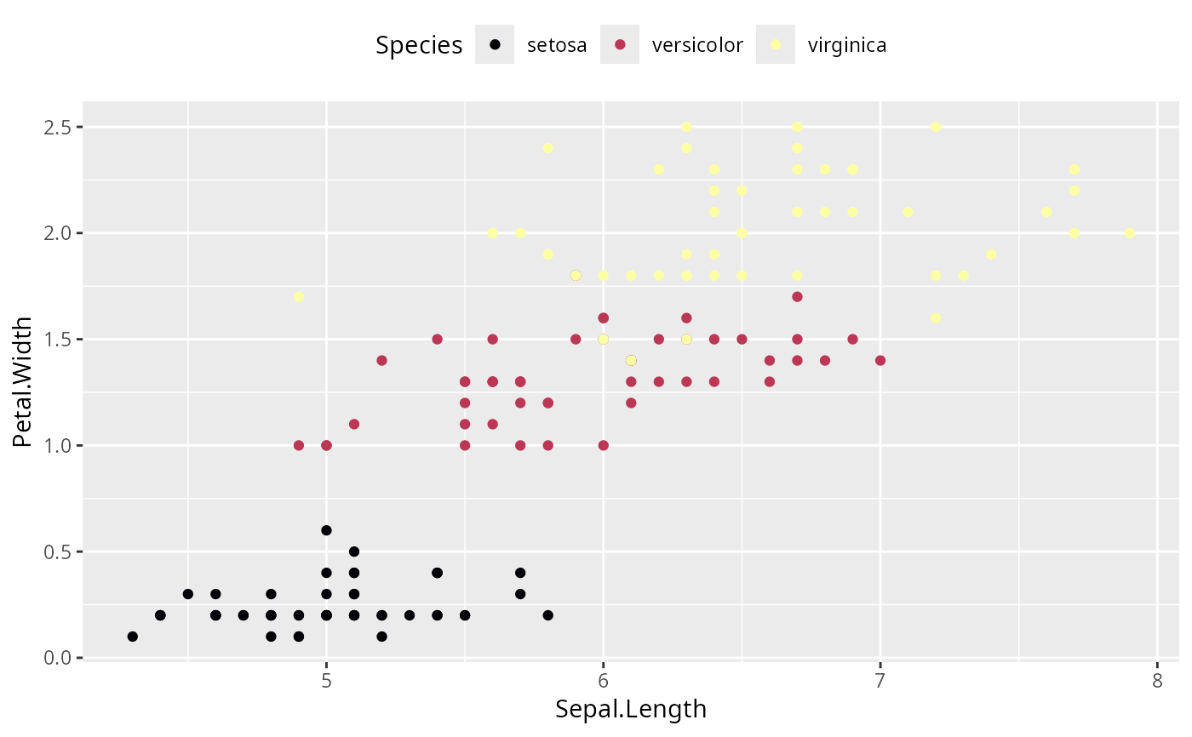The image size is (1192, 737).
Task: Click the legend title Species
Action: (420, 45)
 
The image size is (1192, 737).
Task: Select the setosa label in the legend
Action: (557, 45)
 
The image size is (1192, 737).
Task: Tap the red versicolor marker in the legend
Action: (620, 45)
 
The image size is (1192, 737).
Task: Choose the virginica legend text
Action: (846, 45)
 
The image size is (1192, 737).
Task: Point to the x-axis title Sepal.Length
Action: (631, 709)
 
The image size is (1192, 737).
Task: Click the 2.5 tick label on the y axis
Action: (60, 127)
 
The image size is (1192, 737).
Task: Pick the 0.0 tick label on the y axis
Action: (60, 658)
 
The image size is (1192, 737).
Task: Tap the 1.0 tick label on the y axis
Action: (60, 445)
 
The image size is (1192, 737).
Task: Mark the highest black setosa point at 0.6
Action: (326, 530)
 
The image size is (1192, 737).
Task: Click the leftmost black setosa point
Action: (132, 637)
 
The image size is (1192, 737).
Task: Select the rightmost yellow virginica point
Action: (1130, 233)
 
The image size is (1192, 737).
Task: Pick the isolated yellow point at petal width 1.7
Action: (299, 297)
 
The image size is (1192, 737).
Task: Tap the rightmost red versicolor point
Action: (880, 361)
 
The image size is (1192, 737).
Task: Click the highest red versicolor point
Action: (797, 297)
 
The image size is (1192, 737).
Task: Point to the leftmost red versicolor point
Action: (299, 445)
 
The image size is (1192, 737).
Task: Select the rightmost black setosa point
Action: (548, 615)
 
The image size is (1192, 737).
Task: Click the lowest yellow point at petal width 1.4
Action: (631, 361)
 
